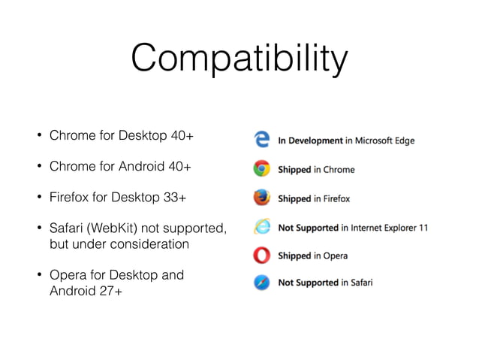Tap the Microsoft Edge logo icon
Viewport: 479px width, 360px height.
point(262,140)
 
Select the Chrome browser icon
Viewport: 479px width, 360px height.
point(262,169)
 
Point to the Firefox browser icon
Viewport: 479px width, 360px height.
point(262,198)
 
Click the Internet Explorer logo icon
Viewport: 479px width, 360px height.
point(262,226)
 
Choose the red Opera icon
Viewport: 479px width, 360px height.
point(262,255)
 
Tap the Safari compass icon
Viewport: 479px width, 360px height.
point(262,283)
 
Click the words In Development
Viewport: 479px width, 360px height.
point(311,141)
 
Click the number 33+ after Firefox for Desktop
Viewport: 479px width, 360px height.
point(176,198)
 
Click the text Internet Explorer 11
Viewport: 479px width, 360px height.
point(389,227)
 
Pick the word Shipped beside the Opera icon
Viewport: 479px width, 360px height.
point(294,256)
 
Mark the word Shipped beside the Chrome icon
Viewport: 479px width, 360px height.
point(294,170)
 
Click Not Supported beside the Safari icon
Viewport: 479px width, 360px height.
point(308,283)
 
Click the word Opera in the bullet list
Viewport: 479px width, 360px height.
point(66,274)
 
